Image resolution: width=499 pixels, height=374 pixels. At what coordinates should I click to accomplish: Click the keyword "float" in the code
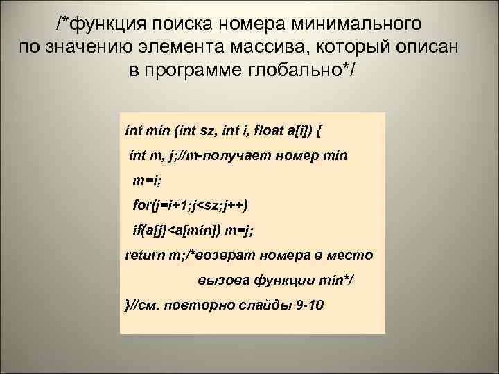273,129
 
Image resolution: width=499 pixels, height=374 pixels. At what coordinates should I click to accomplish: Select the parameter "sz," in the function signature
209,129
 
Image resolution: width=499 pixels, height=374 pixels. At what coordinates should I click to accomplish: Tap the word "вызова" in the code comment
219,280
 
